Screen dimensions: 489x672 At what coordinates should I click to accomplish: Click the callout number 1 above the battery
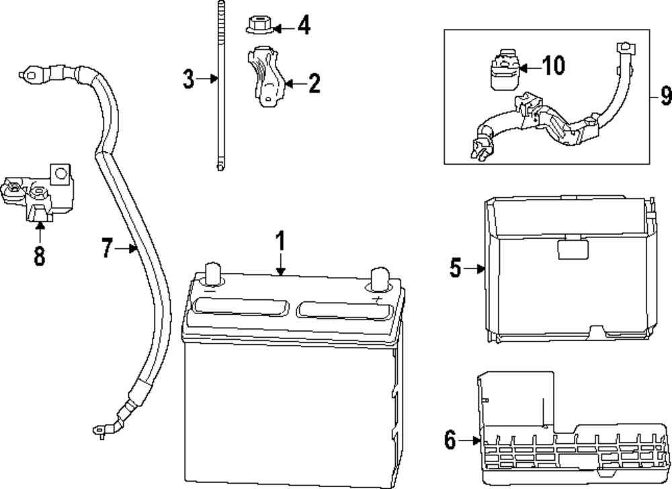click(280, 240)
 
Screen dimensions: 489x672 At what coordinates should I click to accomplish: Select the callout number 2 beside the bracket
click(313, 84)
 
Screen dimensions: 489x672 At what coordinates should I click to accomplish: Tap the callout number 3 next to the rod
click(189, 79)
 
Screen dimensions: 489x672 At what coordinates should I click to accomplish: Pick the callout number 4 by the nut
click(304, 27)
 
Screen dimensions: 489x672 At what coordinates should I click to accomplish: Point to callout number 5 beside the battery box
click(456, 269)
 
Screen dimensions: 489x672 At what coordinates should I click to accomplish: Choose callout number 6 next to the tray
click(450, 441)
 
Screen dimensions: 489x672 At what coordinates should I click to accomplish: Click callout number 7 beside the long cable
click(107, 249)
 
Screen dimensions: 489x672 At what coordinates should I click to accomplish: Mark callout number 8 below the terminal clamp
click(40, 256)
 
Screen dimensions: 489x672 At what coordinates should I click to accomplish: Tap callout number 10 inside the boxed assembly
click(553, 66)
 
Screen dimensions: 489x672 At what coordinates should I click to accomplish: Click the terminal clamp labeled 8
click(38, 196)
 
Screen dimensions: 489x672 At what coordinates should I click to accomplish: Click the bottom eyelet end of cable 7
click(99, 428)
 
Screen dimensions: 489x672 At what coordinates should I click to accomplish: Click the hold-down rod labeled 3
click(220, 87)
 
